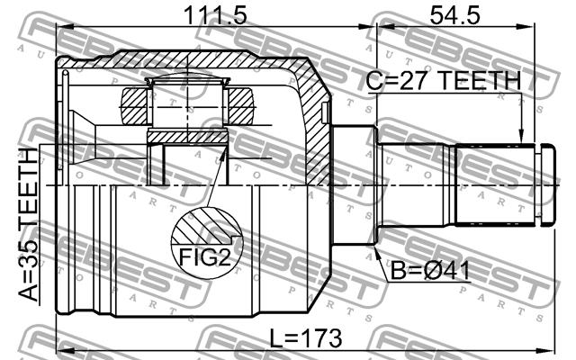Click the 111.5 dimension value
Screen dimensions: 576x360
point(215,15)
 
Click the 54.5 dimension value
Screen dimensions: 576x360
point(454,15)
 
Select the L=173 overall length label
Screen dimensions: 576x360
point(306,338)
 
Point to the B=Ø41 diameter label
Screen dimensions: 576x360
point(430,272)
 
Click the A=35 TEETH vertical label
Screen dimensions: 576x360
point(28,224)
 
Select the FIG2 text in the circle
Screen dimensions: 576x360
point(204,257)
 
